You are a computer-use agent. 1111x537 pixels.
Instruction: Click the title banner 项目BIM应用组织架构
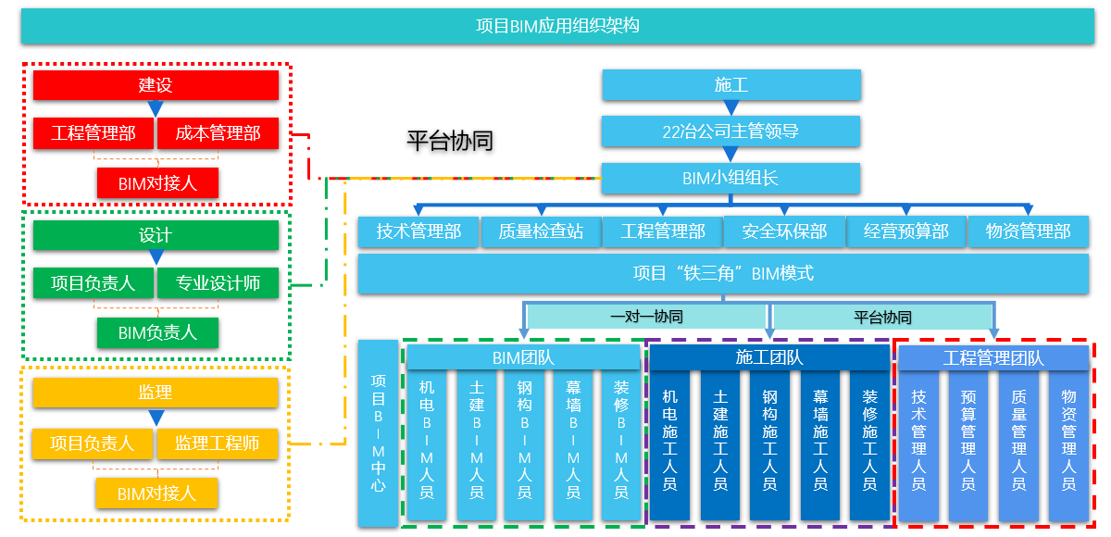[557, 26]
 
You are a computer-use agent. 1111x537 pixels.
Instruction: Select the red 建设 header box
[156, 85]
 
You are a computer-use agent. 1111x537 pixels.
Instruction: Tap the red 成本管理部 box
[218, 133]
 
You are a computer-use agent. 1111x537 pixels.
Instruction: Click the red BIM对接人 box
[157, 183]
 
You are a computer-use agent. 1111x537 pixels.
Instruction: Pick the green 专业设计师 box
[218, 283]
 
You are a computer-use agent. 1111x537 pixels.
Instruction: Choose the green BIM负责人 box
[157, 332]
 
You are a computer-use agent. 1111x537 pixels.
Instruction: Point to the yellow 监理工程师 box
[218, 443]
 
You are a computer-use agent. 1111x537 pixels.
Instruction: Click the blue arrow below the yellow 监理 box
[156, 418]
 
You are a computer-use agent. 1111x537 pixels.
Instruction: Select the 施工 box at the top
[731, 85]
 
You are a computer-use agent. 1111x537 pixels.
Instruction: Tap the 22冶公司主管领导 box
[731, 131]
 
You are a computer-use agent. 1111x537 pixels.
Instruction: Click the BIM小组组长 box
[731, 179]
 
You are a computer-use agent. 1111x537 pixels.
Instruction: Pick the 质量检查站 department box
[541, 231]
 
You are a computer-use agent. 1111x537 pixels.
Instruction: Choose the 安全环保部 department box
[784, 231]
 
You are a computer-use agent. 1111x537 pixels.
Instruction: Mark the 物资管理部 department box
[1028, 231]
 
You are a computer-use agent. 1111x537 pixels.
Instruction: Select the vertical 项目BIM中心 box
[378, 432]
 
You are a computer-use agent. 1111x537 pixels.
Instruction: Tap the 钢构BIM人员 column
[525, 444]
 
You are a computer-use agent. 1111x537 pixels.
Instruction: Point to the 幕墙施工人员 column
[819, 444]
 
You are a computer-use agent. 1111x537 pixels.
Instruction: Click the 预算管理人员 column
[968, 444]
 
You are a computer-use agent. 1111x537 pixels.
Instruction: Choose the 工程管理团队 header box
[992, 357]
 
